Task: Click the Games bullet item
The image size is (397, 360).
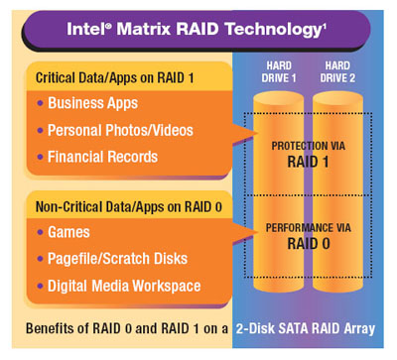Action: (67, 233)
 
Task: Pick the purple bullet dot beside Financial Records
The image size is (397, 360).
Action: (40, 158)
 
